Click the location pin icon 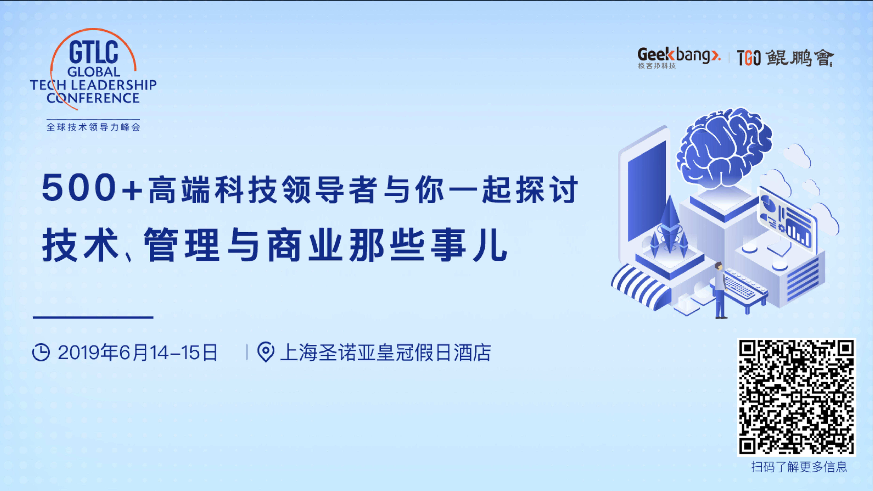coord(266,352)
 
